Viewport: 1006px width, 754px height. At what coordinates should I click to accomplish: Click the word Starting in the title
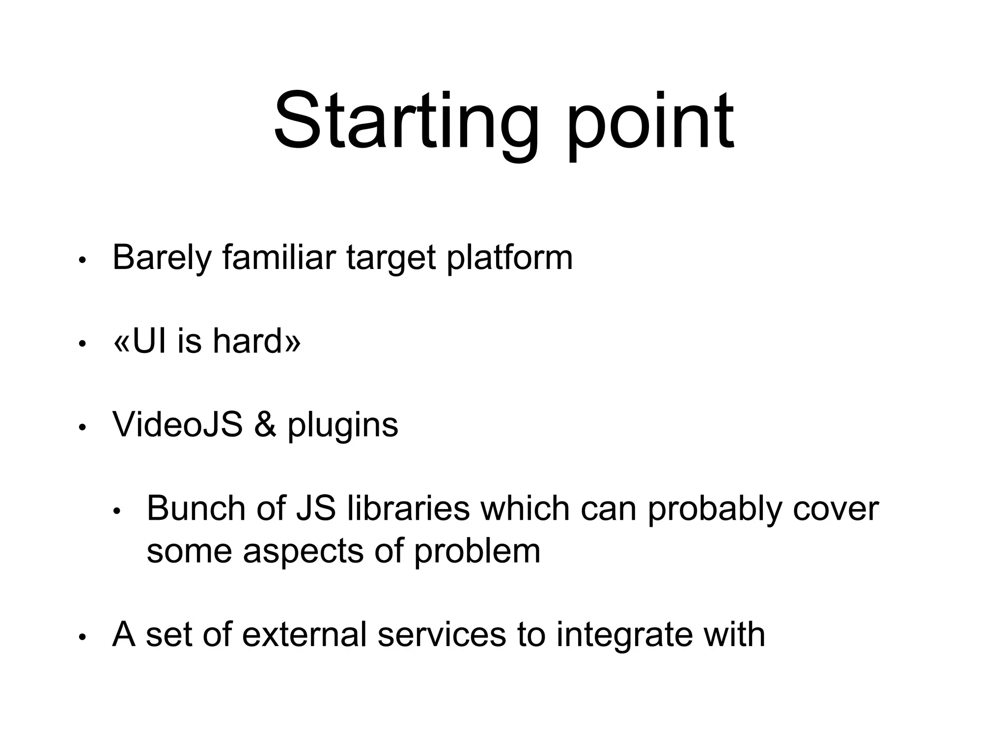coord(405,123)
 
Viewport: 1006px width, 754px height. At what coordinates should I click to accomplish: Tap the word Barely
coord(162,258)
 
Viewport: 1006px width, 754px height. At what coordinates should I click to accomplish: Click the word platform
coord(509,258)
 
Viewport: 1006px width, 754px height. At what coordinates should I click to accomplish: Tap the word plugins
coord(342,425)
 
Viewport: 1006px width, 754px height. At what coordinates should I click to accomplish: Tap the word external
coord(304,634)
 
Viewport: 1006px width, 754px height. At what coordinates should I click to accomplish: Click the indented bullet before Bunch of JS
coord(116,512)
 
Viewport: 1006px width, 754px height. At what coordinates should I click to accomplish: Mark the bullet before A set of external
coord(83,637)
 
